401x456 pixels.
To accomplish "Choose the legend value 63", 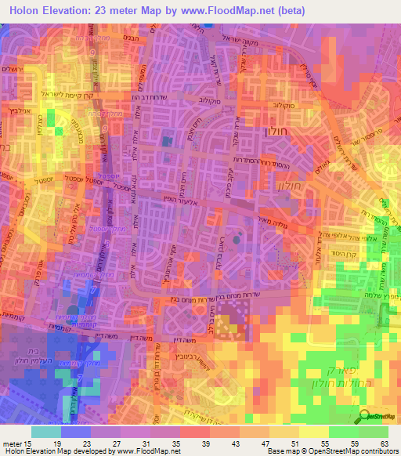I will [x=384, y=443].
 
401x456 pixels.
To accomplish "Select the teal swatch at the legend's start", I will [x=45, y=432].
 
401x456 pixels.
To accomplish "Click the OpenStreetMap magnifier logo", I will [x=366, y=418].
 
